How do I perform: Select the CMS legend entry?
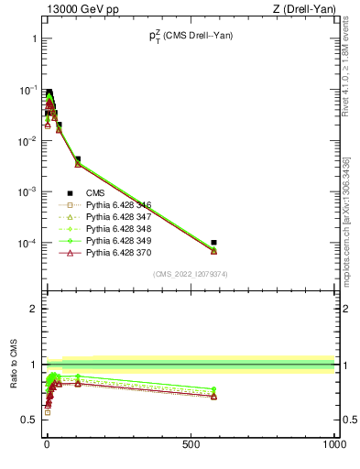(x=94, y=192)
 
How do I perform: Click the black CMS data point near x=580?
(x=213, y=243)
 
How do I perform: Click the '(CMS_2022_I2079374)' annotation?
(x=191, y=273)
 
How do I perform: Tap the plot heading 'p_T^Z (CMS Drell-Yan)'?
(x=191, y=38)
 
